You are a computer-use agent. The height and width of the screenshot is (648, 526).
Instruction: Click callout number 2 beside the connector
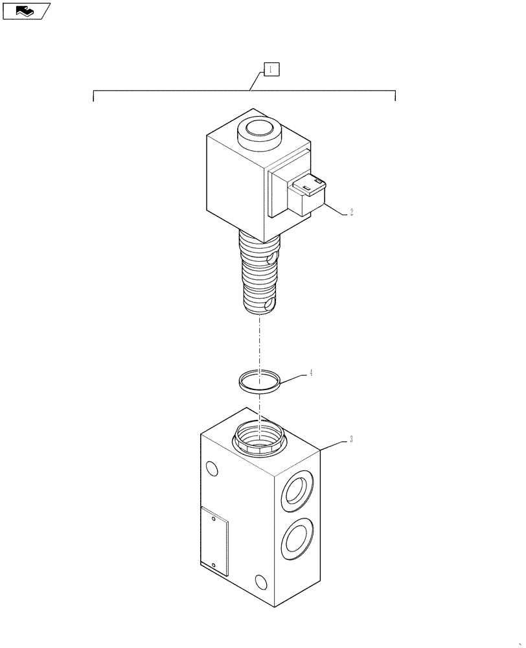pos(352,212)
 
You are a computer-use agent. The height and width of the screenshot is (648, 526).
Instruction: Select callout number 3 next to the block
pos(351,439)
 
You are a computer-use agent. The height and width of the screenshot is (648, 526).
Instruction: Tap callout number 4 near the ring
pos(311,373)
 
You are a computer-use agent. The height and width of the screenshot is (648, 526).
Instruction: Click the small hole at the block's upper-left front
pos(211,469)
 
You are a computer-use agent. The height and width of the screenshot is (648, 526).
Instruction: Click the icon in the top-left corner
pos(26,11)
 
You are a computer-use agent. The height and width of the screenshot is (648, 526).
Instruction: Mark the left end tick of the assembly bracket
pos(95,97)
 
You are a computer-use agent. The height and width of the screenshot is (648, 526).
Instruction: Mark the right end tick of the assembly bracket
pos(395,97)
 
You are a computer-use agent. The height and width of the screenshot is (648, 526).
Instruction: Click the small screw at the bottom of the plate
pos(212,564)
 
